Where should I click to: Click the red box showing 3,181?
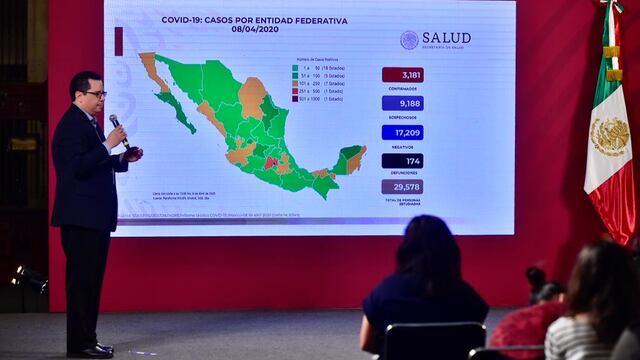402,74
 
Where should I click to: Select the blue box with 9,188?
402,103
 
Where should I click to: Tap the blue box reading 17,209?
402,132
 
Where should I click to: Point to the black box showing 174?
402,160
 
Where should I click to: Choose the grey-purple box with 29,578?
402,187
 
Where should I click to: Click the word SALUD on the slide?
446,38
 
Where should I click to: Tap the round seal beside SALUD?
409,40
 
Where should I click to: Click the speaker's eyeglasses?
95,94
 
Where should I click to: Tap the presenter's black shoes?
93,350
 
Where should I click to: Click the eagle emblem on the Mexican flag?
609,136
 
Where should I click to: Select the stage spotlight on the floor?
30,278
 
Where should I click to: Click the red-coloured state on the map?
269,161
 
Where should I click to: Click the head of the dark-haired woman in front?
428,246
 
